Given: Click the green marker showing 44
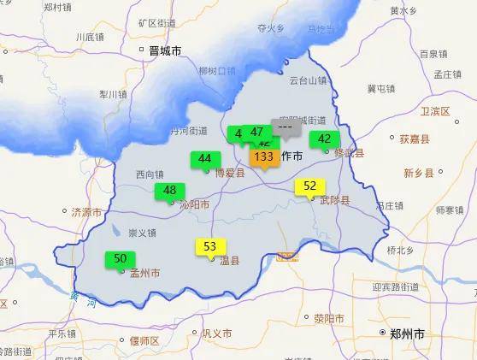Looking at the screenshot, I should [204, 158].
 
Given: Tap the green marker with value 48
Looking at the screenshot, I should [169, 191].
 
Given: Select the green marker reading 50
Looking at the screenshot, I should [120, 258].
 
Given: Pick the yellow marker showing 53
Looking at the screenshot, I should [209, 247].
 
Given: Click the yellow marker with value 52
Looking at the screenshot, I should [309, 186].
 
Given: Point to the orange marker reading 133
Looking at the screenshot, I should [264, 156].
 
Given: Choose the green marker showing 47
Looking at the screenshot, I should [257, 132].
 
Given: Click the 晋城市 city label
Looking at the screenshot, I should [165, 51].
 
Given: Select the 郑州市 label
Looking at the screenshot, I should [407, 334].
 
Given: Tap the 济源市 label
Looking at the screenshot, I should [86, 211].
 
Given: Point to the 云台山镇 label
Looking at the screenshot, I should [308, 80].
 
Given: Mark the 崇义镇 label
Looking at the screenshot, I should [142, 233].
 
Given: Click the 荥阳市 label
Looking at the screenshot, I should [328, 318].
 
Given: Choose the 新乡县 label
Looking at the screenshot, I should [421, 173].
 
